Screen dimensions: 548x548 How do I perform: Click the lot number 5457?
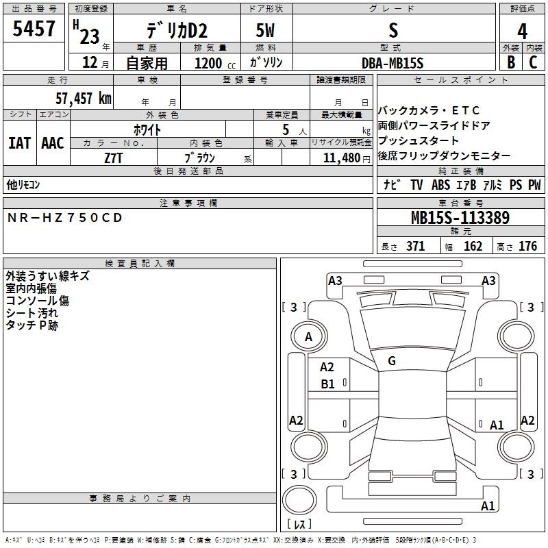34,28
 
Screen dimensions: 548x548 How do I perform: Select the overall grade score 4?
522,32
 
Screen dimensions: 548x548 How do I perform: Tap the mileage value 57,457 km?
84,99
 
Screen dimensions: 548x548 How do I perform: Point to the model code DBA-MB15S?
393,63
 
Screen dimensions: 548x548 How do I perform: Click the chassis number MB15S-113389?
460,218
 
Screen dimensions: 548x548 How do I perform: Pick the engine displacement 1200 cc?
215,64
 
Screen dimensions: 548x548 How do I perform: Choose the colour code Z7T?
113,158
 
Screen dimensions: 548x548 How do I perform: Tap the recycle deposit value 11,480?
342,158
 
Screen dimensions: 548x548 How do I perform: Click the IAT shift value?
20,143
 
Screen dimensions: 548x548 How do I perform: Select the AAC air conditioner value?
53,143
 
